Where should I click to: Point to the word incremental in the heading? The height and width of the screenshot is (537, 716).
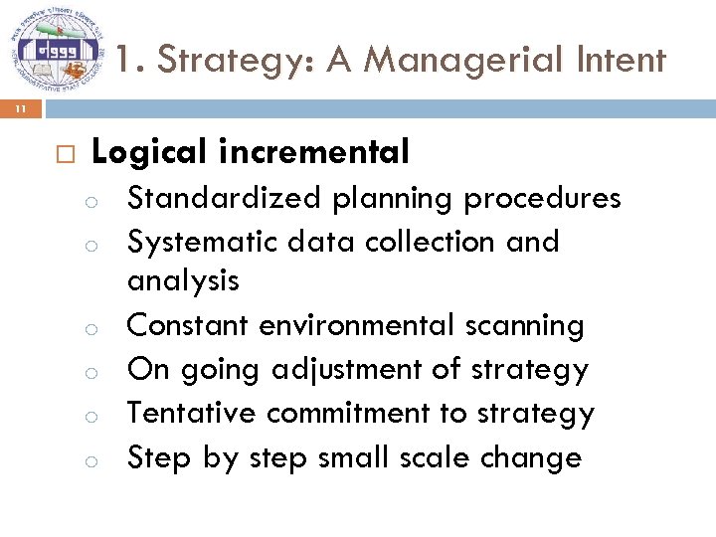click(315, 152)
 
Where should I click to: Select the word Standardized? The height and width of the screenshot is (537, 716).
click(225, 198)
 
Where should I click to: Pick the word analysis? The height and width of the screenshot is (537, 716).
click(183, 281)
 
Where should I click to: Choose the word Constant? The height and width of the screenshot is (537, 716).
click(188, 325)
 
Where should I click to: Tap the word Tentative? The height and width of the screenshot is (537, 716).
click(193, 413)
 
